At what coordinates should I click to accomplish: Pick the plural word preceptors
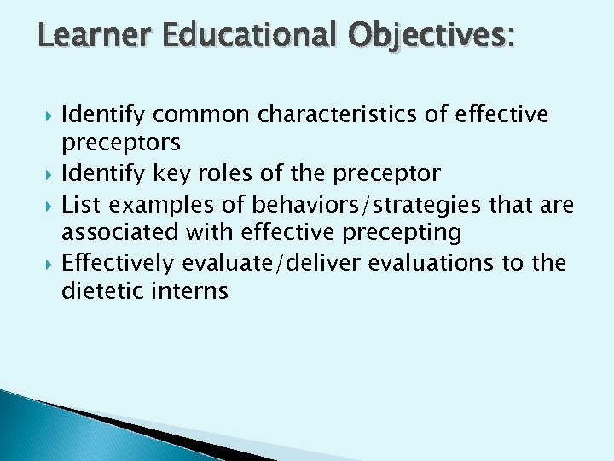tap(120, 143)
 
